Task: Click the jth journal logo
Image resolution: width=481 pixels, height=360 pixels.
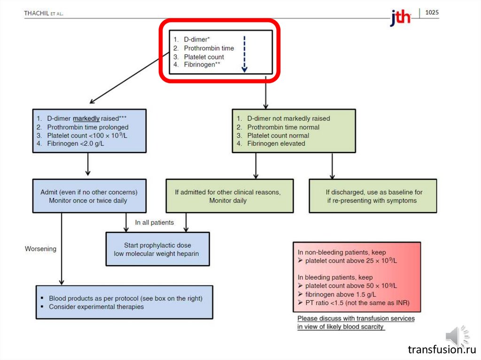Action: click(x=400, y=18)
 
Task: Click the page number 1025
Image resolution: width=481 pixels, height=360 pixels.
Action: click(x=432, y=12)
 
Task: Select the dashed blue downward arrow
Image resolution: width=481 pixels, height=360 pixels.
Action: click(x=244, y=54)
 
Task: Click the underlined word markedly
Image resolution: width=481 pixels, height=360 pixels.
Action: click(x=86, y=118)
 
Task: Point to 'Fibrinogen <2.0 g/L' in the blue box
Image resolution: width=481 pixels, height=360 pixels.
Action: click(x=76, y=144)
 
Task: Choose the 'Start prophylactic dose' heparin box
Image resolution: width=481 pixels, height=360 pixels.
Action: click(x=157, y=249)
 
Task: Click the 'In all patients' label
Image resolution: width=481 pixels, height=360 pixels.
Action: click(x=154, y=222)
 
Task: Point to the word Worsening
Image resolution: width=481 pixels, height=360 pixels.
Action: click(x=40, y=249)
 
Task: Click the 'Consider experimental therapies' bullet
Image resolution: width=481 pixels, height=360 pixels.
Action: click(x=96, y=307)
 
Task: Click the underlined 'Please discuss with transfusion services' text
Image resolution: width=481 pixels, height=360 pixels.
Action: click(x=356, y=318)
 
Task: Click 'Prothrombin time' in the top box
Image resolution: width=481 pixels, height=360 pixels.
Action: click(x=209, y=48)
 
